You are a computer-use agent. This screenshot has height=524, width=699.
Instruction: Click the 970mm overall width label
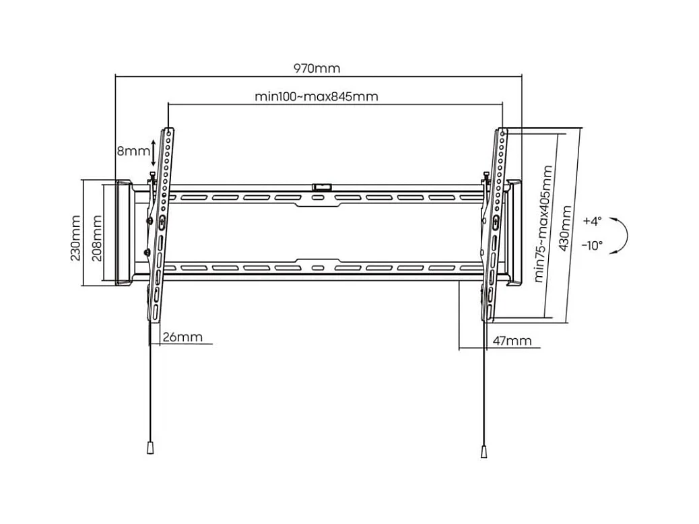(x=317, y=68)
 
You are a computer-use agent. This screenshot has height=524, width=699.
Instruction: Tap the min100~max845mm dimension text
(x=317, y=96)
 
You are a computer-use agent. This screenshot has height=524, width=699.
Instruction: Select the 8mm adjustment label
(x=133, y=152)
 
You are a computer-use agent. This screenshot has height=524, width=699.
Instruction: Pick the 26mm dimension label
(x=182, y=337)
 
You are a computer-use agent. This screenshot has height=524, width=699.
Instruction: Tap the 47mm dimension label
(x=512, y=341)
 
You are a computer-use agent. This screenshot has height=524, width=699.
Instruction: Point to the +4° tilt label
(x=593, y=221)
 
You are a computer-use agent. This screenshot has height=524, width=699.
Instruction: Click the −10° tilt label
(x=592, y=246)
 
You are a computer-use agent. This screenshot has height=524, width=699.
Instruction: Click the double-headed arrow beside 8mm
(x=154, y=153)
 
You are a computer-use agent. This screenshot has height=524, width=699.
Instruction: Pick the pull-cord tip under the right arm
(x=484, y=451)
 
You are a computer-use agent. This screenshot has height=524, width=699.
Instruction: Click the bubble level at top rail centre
(x=321, y=185)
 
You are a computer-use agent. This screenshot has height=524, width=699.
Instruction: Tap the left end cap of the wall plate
(x=123, y=232)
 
